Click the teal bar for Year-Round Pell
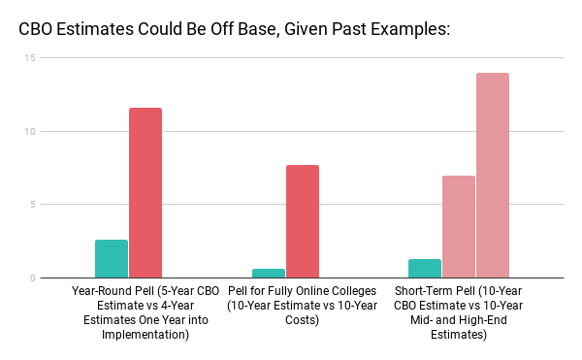coord(112,259)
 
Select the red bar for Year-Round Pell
coord(145,193)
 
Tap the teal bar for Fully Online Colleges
coord(269,274)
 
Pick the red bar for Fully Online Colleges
coord(303,222)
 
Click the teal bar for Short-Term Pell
coord(425,269)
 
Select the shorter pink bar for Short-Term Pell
coord(459,227)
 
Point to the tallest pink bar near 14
coord(493,176)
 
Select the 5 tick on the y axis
coord(33,205)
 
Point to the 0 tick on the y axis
coord(33,278)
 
